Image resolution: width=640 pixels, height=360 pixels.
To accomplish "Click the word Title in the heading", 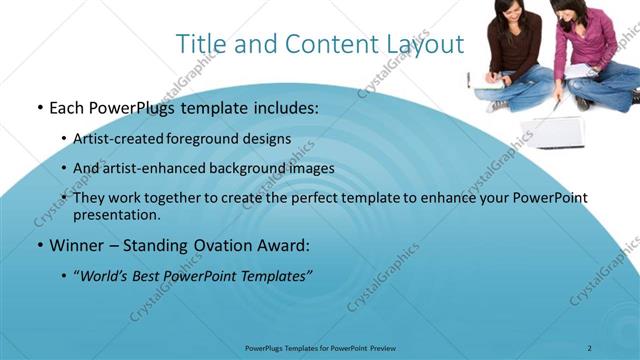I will click(198, 45).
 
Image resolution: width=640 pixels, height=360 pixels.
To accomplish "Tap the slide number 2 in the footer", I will click(589, 348).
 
